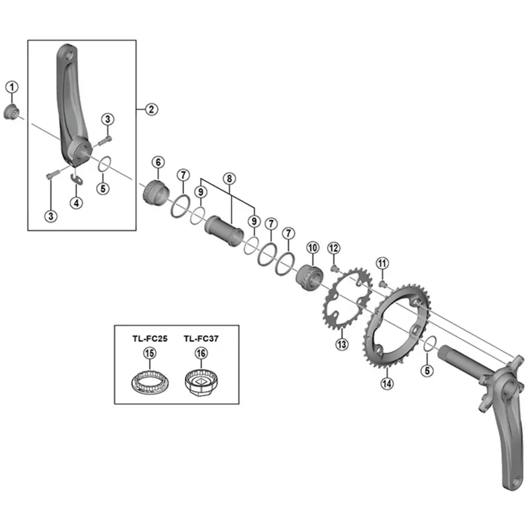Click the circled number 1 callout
12,86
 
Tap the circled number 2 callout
152,109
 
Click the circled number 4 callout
77,203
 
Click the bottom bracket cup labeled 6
157,193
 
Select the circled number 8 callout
229,178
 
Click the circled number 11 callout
381,264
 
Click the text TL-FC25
150,337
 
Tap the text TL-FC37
201,337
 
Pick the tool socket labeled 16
200,384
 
